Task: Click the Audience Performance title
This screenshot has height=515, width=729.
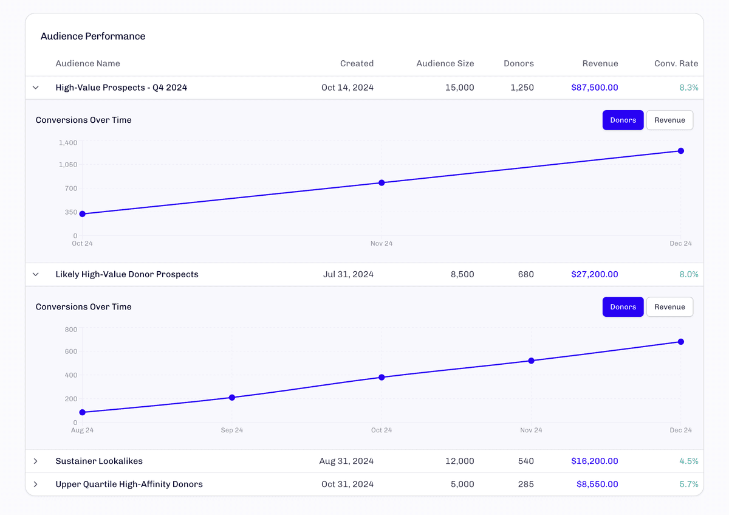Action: pyautogui.click(x=93, y=36)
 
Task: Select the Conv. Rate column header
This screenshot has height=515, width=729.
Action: pyautogui.click(x=676, y=63)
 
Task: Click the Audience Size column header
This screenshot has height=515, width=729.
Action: pyautogui.click(x=445, y=63)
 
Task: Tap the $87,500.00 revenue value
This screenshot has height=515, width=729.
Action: pyautogui.click(x=594, y=88)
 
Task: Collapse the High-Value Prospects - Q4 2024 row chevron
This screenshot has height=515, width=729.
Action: pyautogui.click(x=36, y=88)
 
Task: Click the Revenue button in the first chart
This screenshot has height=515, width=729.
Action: pyautogui.click(x=669, y=120)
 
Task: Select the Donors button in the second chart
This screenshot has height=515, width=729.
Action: pyautogui.click(x=623, y=307)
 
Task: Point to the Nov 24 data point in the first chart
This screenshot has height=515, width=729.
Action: pyautogui.click(x=382, y=182)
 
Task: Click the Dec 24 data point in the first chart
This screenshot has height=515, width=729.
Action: pyautogui.click(x=681, y=151)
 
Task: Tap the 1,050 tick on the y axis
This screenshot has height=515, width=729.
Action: pyautogui.click(x=67, y=165)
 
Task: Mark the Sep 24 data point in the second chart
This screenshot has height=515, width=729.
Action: pyautogui.click(x=231, y=398)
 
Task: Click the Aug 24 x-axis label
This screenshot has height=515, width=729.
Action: pyautogui.click(x=82, y=430)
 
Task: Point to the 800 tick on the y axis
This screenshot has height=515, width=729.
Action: pyautogui.click(x=70, y=330)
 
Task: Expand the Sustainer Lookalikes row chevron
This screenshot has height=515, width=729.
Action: pyautogui.click(x=36, y=461)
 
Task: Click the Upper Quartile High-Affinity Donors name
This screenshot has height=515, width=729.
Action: pyautogui.click(x=129, y=485)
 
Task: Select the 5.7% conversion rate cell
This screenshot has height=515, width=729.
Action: pyautogui.click(x=688, y=485)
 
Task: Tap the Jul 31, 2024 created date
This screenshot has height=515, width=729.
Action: pyautogui.click(x=348, y=274)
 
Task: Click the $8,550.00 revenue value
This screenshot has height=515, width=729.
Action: pyautogui.click(x=597, y=485)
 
